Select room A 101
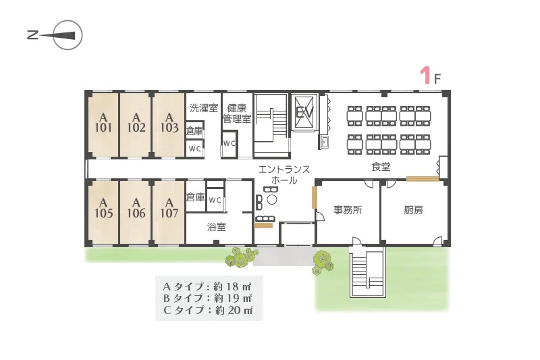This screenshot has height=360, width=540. coord(103,124)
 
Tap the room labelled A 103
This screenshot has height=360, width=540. coord(169,124)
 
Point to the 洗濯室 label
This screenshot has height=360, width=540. coord(204,108)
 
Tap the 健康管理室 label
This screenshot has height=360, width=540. coord(237,113)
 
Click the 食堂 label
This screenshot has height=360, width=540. coord(381,167)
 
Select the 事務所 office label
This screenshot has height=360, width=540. coord(348,210)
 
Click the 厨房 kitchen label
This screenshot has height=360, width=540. coord(413,210)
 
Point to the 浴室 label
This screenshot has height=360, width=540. coord(216,227)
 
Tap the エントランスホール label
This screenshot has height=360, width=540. coord(284,175)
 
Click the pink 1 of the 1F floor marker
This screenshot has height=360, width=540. coord(426,75)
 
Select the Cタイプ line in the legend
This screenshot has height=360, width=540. coord(208,310)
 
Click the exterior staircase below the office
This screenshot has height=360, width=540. coord(367,272)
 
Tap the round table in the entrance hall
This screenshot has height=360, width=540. coord(272,200)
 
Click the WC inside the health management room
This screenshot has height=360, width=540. coord(230,143)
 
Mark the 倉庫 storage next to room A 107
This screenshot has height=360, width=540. coord(195,197)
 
